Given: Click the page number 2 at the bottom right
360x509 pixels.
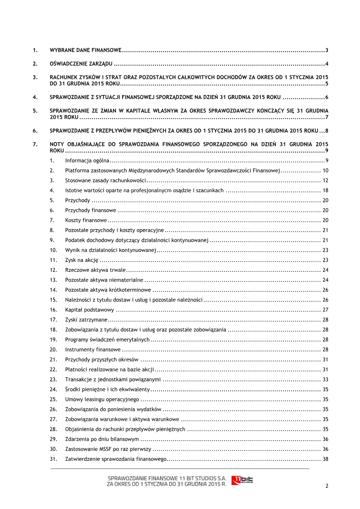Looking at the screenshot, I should click(x=327, y=486).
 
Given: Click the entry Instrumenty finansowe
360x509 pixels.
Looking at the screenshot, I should click(x=93, y=349).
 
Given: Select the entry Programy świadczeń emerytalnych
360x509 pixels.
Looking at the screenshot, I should click(x=107, y=339).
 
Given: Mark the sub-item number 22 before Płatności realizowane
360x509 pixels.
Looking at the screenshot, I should click(x=53, y=369).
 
